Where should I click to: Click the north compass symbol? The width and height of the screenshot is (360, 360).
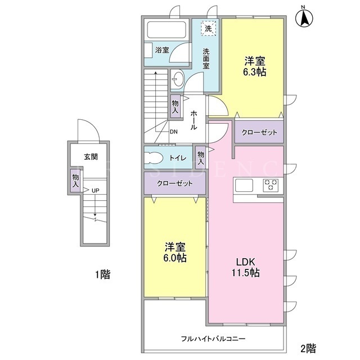(304, 17)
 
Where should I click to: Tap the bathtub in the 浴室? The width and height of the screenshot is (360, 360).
(166, 30)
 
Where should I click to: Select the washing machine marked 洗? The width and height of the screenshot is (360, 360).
(209, 28)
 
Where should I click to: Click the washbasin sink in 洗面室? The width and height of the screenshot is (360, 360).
(178, 78)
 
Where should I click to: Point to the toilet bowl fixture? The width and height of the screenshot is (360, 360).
(154, 158)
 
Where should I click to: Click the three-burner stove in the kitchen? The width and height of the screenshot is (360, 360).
(271, 185)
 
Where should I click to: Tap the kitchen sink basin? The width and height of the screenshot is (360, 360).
(244, 185)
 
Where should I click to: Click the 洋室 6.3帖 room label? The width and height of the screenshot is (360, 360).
(255, 66)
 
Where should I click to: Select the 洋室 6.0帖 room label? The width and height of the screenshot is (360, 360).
(175, 253)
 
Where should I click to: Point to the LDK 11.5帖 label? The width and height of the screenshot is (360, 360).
(246, 267)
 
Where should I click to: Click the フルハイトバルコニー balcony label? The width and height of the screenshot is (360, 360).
(213, 339)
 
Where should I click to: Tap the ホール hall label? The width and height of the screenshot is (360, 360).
(193, 120)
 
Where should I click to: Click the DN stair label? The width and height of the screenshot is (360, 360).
(174, 132)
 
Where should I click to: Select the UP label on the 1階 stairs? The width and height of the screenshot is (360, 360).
(96, 191)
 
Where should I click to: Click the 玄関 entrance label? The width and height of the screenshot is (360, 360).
(91, 157)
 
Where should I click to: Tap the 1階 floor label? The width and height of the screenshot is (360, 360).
(103, 274)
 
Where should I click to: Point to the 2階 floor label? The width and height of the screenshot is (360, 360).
(308, 348)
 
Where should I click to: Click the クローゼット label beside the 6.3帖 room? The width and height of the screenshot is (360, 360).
(259, 133)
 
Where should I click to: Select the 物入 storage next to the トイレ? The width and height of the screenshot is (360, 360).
(201, 157)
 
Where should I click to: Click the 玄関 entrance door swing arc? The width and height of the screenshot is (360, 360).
(89, 126)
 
